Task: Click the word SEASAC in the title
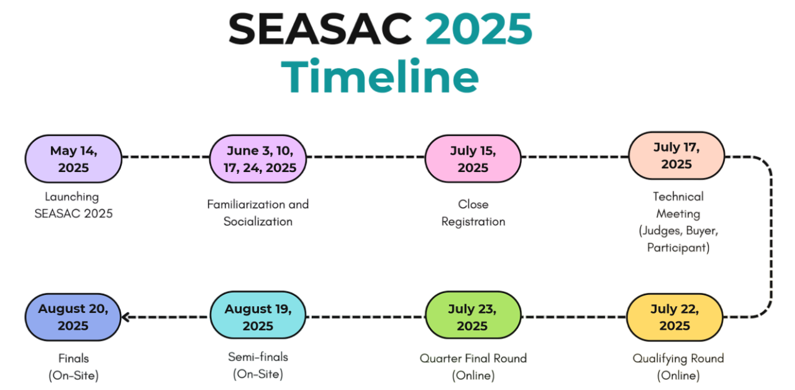click(320, 29)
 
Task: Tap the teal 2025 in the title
click(479, 29)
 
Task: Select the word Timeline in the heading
click(380, 76)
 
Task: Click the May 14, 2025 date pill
click(73, 158)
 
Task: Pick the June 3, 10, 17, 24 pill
click(258, 158)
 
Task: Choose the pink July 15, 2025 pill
click(473, 158)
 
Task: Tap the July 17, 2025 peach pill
click(676, 155)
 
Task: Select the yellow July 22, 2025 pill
click(675, 317)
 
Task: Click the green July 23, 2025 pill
click(473, 315)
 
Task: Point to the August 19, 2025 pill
click(258, 315)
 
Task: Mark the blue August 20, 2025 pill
click(73, 317)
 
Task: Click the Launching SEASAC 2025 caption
click(73, 205)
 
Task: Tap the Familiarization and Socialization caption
click(258, 213)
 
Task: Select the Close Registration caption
click(473, 213)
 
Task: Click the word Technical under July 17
click(678, 196)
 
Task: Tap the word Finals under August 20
click(73, 358)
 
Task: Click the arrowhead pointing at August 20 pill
click(125, 317)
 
